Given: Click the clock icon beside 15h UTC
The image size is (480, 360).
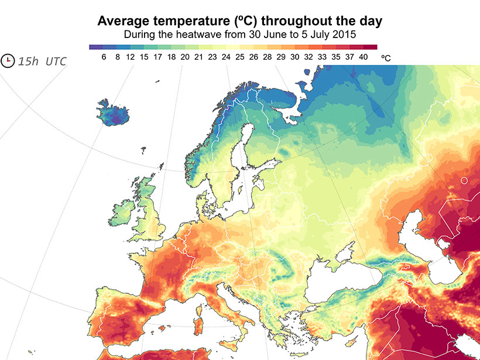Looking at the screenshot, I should coord(8,60).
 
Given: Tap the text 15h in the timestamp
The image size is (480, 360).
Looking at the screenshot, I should coord(28,61).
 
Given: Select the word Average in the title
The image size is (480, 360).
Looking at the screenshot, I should coord(122,21).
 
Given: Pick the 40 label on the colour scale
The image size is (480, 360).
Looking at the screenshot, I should coord(363,57).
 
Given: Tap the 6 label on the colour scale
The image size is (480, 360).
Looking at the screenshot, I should coord(104,57).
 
